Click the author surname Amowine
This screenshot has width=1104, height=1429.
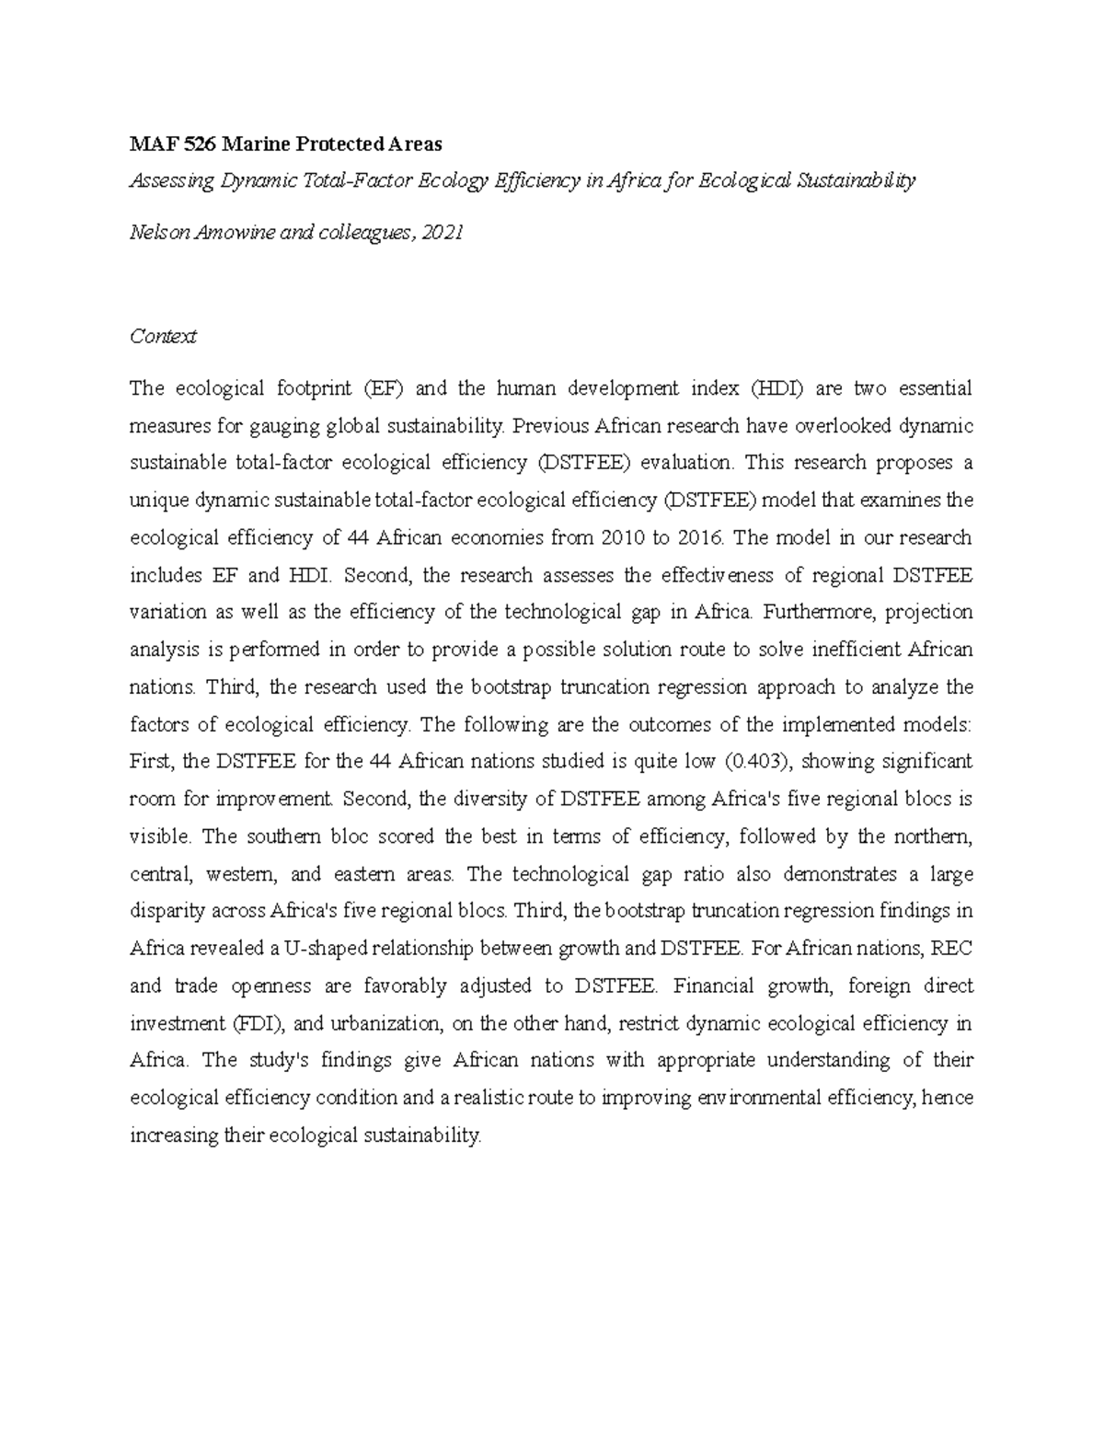pos(226,233)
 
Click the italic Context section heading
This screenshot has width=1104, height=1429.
pos(163,337)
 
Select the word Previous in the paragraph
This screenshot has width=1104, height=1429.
pos(549,426)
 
